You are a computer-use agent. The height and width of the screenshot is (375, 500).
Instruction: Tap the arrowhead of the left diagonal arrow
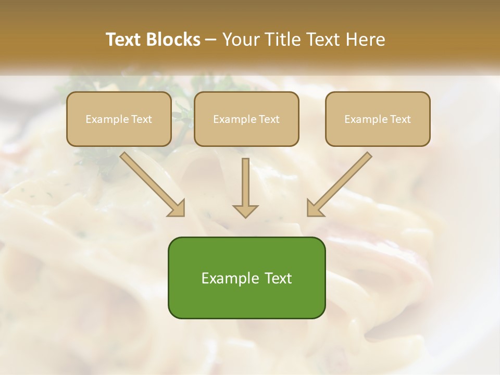tap(177, 208)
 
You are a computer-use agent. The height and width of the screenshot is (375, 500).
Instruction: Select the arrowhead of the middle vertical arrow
tap(245, 210)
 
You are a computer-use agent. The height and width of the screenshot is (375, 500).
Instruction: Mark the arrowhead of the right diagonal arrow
tap(315, 208)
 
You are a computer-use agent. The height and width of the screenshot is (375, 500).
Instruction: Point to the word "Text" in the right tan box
tap(400, 119)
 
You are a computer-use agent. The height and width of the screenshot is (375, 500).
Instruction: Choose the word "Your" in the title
tap(240, 40)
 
